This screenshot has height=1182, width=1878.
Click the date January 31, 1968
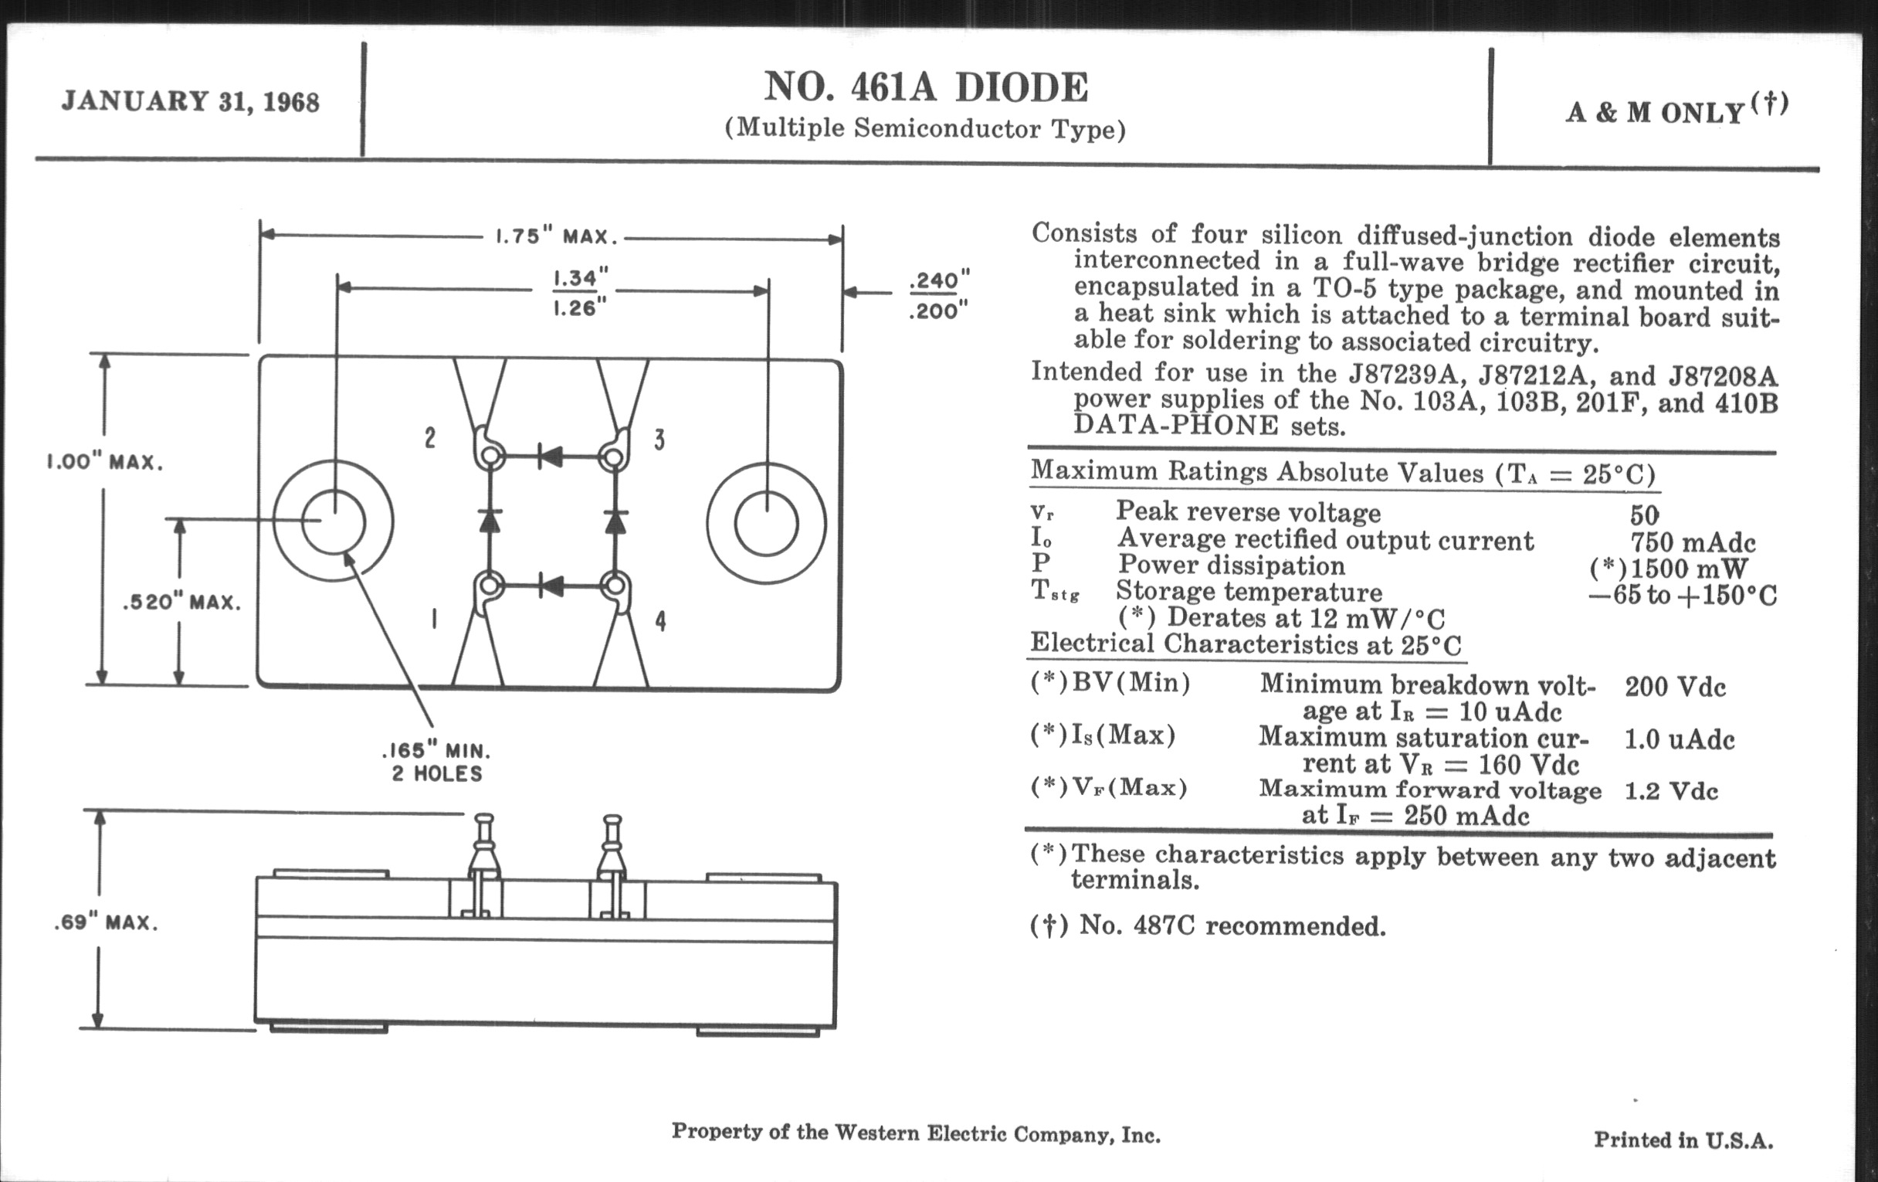190,101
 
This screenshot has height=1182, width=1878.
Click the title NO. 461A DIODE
926,87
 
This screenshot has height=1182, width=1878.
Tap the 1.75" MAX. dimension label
557,236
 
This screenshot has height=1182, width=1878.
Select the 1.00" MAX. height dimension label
105,462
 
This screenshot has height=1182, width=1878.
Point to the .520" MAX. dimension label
181,603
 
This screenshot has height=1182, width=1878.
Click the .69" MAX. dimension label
106,923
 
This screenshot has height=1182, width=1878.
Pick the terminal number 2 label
429,439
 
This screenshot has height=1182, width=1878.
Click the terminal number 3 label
659,440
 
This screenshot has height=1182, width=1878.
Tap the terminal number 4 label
660,621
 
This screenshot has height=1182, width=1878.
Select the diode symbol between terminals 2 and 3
551,457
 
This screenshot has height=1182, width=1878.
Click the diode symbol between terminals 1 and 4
551,585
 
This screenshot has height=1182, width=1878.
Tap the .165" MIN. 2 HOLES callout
437,763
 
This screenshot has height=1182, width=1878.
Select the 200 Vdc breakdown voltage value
1675,688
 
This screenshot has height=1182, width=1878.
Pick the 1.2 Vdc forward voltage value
1671,791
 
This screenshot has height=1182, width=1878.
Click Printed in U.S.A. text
1684,1140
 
